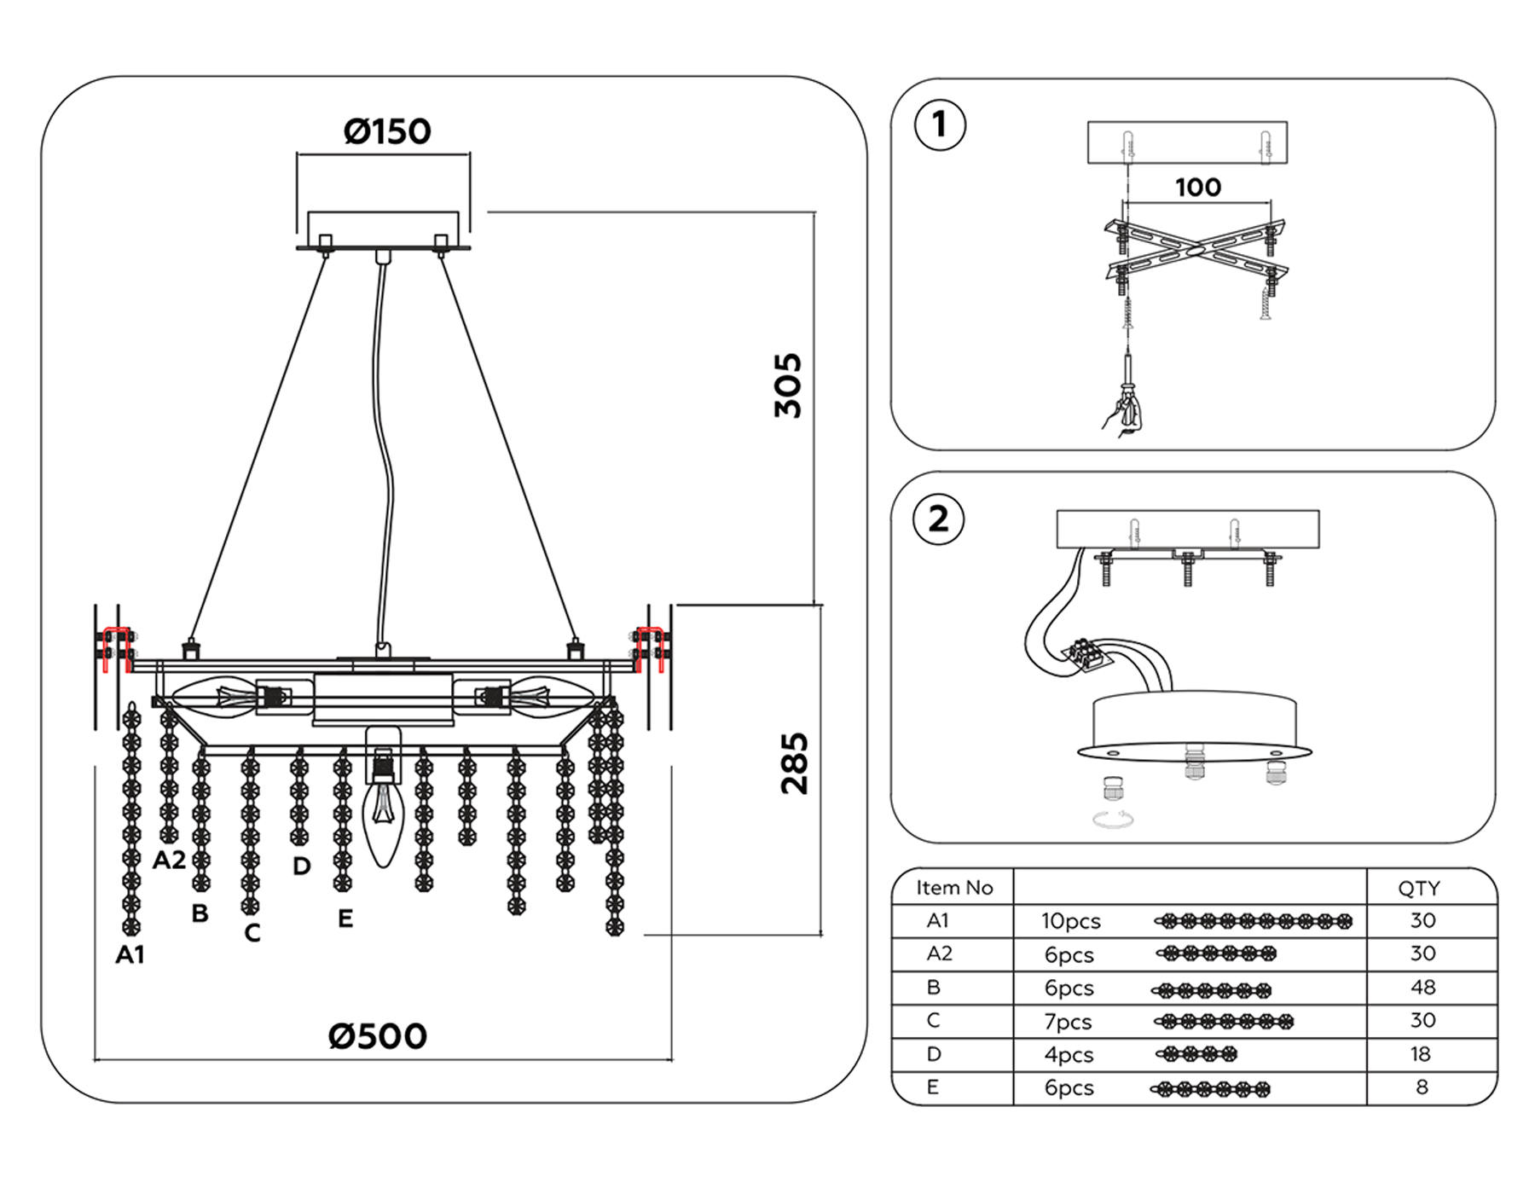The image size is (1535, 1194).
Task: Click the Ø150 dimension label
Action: coord(387,131)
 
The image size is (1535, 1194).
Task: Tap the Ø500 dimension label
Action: coord(378,1036)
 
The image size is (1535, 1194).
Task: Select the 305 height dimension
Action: coord(789,385)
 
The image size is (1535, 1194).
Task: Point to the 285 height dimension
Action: coord(794,763)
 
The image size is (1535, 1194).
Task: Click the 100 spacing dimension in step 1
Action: coord(1197,188)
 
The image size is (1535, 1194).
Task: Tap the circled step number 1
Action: coord(940,125)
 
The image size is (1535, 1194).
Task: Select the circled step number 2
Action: coord(939,519)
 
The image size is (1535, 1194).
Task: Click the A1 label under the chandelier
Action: coord(130,955)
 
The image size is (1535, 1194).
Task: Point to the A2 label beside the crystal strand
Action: coord(169,860)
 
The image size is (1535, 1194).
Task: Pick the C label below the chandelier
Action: coord(252,933)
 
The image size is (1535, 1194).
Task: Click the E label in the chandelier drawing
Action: coord(345,919)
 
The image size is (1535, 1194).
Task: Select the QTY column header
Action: coord(1419,889)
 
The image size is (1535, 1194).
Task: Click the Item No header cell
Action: coord(954,888)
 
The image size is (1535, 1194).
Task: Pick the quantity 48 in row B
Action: coord(1422,988)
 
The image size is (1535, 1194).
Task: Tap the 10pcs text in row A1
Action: coord(1071,922)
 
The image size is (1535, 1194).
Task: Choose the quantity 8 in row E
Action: coord(1422,1087)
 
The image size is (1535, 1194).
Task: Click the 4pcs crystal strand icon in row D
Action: coord(1196,1055)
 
